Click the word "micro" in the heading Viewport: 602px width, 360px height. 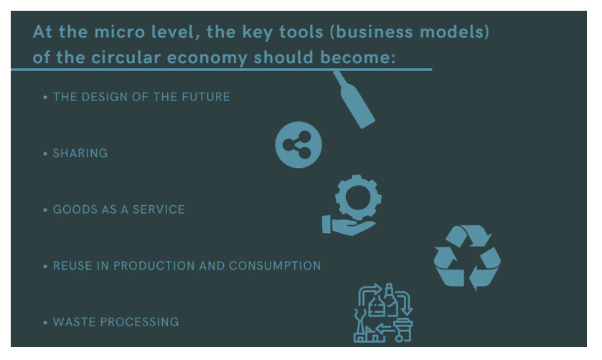click(119, 32)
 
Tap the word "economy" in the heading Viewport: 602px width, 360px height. click(207, 57)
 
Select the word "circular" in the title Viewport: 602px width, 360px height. click(126, 57)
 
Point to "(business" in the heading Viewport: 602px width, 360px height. click(371, 32)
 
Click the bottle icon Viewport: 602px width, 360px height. click(354, 100)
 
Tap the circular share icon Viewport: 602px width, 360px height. click(298, 145)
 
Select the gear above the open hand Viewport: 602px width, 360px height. click(358, 198)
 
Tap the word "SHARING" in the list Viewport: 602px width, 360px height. click(80, 153)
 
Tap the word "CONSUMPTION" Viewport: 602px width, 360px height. click(275, 265)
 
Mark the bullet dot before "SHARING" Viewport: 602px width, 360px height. click(45, 153)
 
